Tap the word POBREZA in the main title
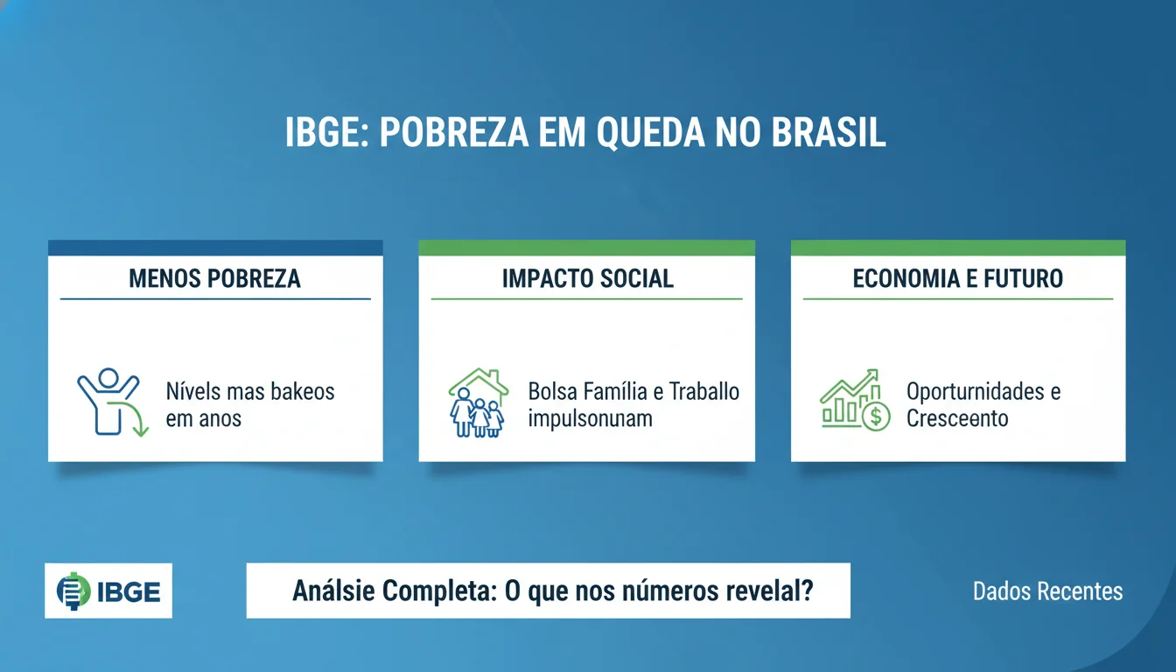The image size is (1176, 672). [454, 132]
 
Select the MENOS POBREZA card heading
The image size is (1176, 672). [214, 278]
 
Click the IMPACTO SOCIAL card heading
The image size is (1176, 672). [587, 278]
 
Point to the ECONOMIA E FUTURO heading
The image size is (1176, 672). [958, 278]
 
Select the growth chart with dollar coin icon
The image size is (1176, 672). [854, 400]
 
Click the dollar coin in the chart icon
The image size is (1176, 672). [875, 416]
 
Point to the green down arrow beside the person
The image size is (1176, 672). [137, 420]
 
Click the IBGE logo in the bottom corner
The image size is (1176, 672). [108, 591]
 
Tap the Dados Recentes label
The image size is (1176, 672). [1047, 591]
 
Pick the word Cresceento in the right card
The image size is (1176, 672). [957, 418]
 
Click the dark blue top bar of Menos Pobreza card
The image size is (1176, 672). [215, 248]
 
